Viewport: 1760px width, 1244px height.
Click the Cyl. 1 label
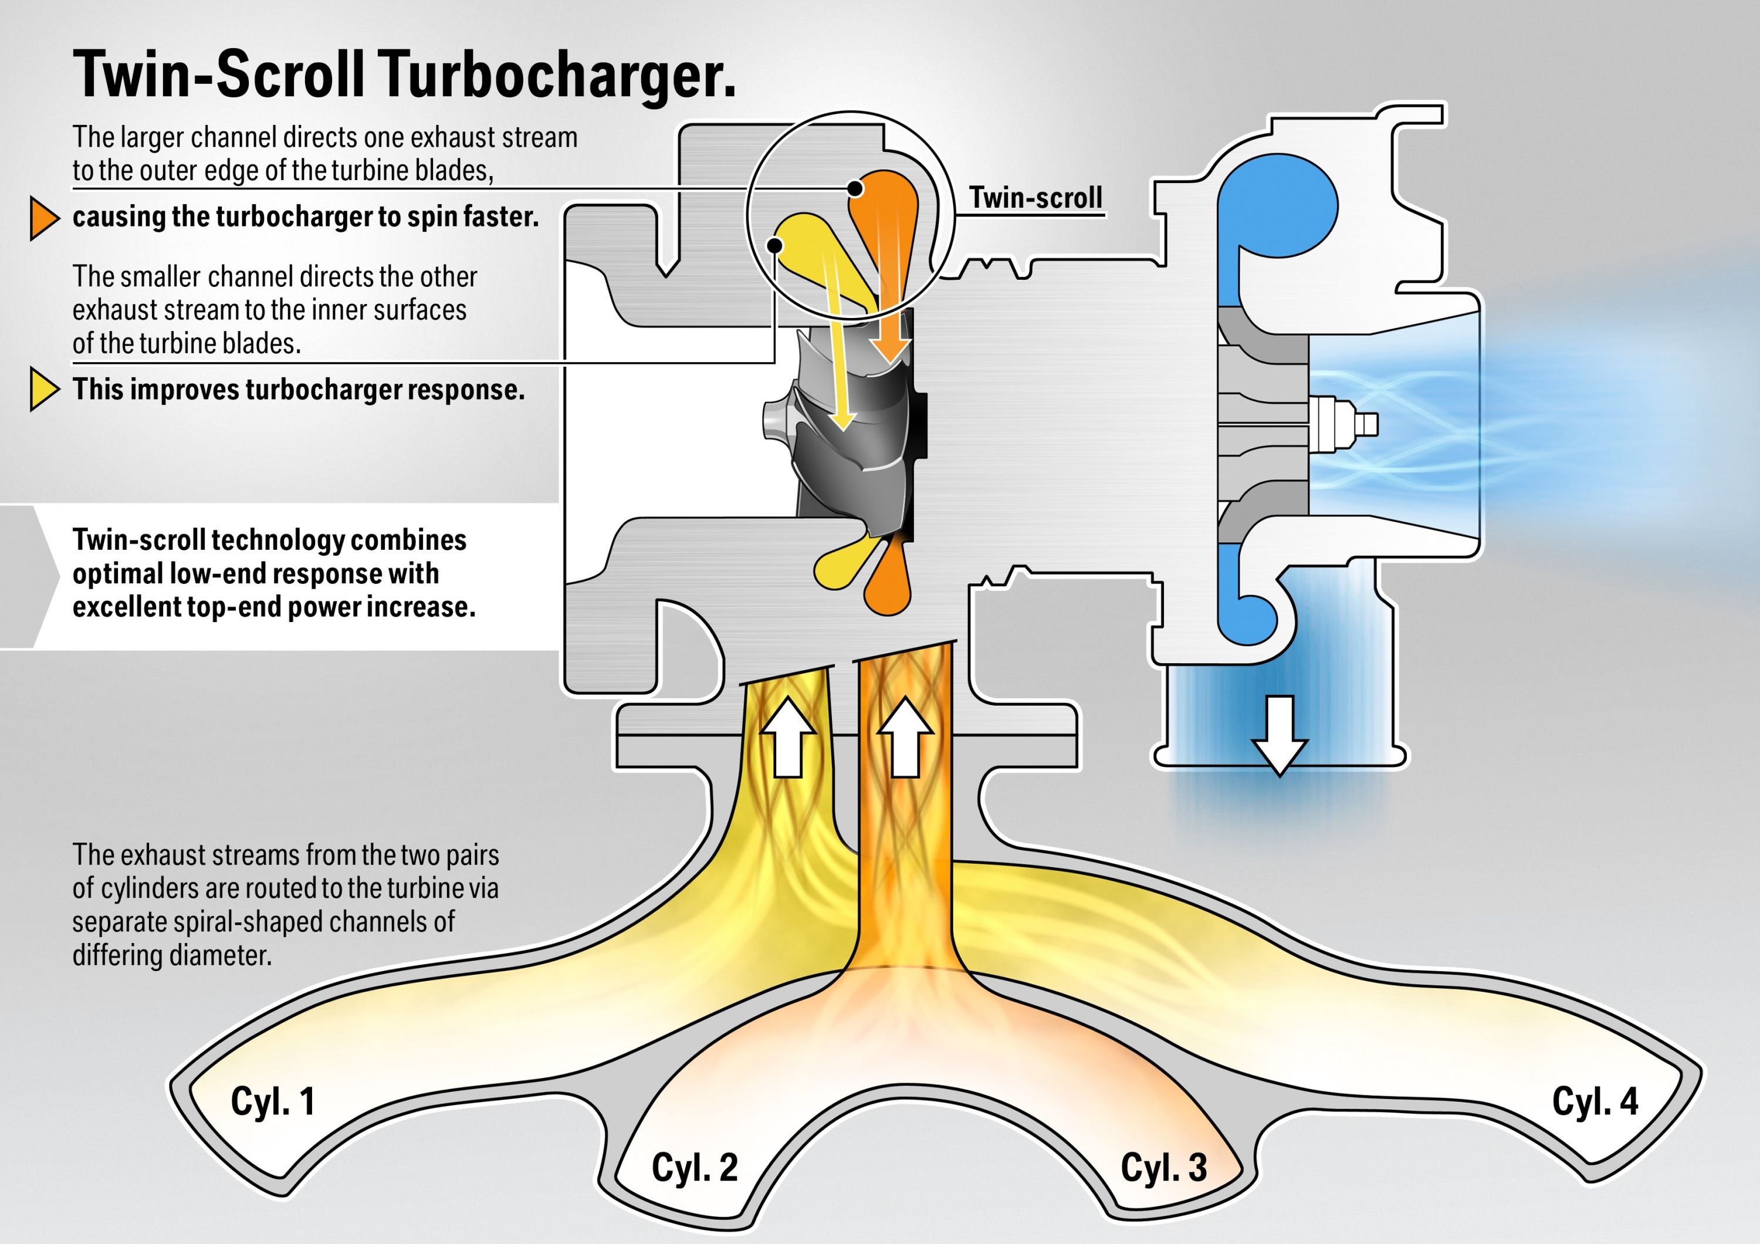click(x=273, y=1101)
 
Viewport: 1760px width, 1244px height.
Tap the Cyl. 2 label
click(x=695, y=1167)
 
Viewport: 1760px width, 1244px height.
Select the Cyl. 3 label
click(x=1163, y=1167)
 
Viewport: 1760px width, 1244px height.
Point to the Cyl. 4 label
click(x=1595, y=1101)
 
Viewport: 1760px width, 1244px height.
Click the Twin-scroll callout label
click(x=1035, y=198)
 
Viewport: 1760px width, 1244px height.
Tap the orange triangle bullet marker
click(x=43, y=218)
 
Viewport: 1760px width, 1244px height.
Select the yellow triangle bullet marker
click(x=43, y=390)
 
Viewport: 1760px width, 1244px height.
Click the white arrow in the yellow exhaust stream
click(x=787, y=738)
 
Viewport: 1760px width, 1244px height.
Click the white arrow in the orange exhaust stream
click(x=905, y=738)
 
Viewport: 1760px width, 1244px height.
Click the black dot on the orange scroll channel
click(x=855, y=188)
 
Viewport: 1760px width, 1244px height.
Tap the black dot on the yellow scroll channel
click(x=774, y=245)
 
